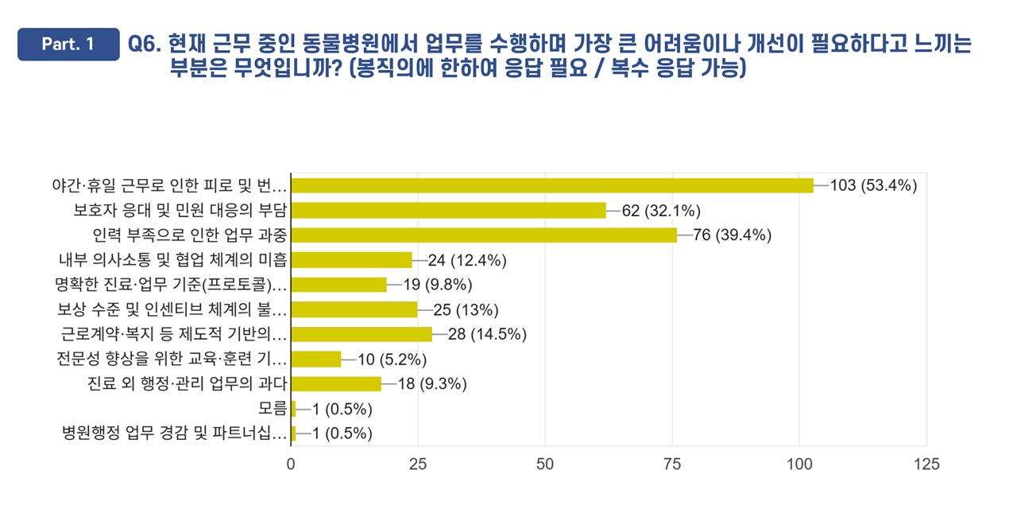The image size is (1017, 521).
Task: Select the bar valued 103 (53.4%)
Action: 552,185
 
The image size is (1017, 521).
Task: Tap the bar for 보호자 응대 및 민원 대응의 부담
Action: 448,210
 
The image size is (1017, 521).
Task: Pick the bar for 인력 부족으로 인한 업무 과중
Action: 484,235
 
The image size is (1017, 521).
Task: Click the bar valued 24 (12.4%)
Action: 352,259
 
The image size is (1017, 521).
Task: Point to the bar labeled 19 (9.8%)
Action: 339,285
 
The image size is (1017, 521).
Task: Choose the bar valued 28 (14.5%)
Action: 362,334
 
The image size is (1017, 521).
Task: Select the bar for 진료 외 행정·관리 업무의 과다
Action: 337,383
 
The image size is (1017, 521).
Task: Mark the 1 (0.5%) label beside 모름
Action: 341,409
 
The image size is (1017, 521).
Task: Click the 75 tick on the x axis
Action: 672,464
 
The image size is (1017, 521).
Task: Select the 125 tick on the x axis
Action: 926,464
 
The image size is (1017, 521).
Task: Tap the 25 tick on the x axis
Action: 418,464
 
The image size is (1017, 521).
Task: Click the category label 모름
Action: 273,409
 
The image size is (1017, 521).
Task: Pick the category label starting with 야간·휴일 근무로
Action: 168,185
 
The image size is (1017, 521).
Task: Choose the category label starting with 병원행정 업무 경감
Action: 174,434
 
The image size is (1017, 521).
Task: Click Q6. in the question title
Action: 145,45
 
